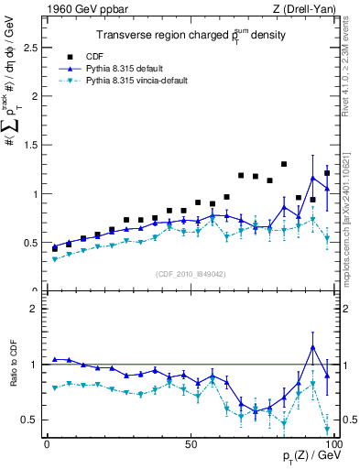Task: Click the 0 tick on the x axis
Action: coord(47,443)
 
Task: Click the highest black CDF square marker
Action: coord(310,164)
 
